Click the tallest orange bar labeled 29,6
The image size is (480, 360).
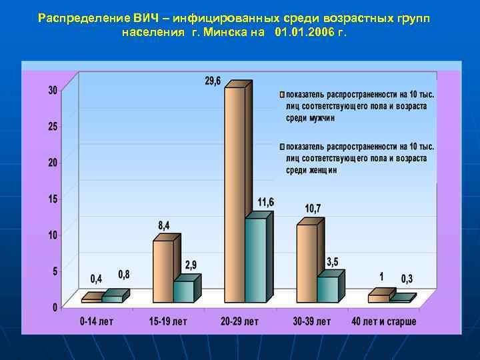(235, 193)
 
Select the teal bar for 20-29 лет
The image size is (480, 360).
(255, 260)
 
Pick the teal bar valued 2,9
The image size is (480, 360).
(183, 291)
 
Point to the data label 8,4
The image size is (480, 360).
(164, 226)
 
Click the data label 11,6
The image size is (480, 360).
(266, 202)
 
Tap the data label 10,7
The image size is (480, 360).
(313, 209)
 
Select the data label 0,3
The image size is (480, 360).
(407, 278)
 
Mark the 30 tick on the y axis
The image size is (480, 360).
(53, 91)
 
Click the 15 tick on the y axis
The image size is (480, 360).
(53, 199)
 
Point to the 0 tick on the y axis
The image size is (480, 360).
(55, 307)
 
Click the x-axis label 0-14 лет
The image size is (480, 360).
(97, 321)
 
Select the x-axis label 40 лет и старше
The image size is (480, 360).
(384, 321)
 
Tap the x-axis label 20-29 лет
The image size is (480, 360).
(239, 321)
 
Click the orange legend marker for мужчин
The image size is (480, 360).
(282, 94)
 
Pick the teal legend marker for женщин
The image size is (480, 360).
(282, 146)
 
